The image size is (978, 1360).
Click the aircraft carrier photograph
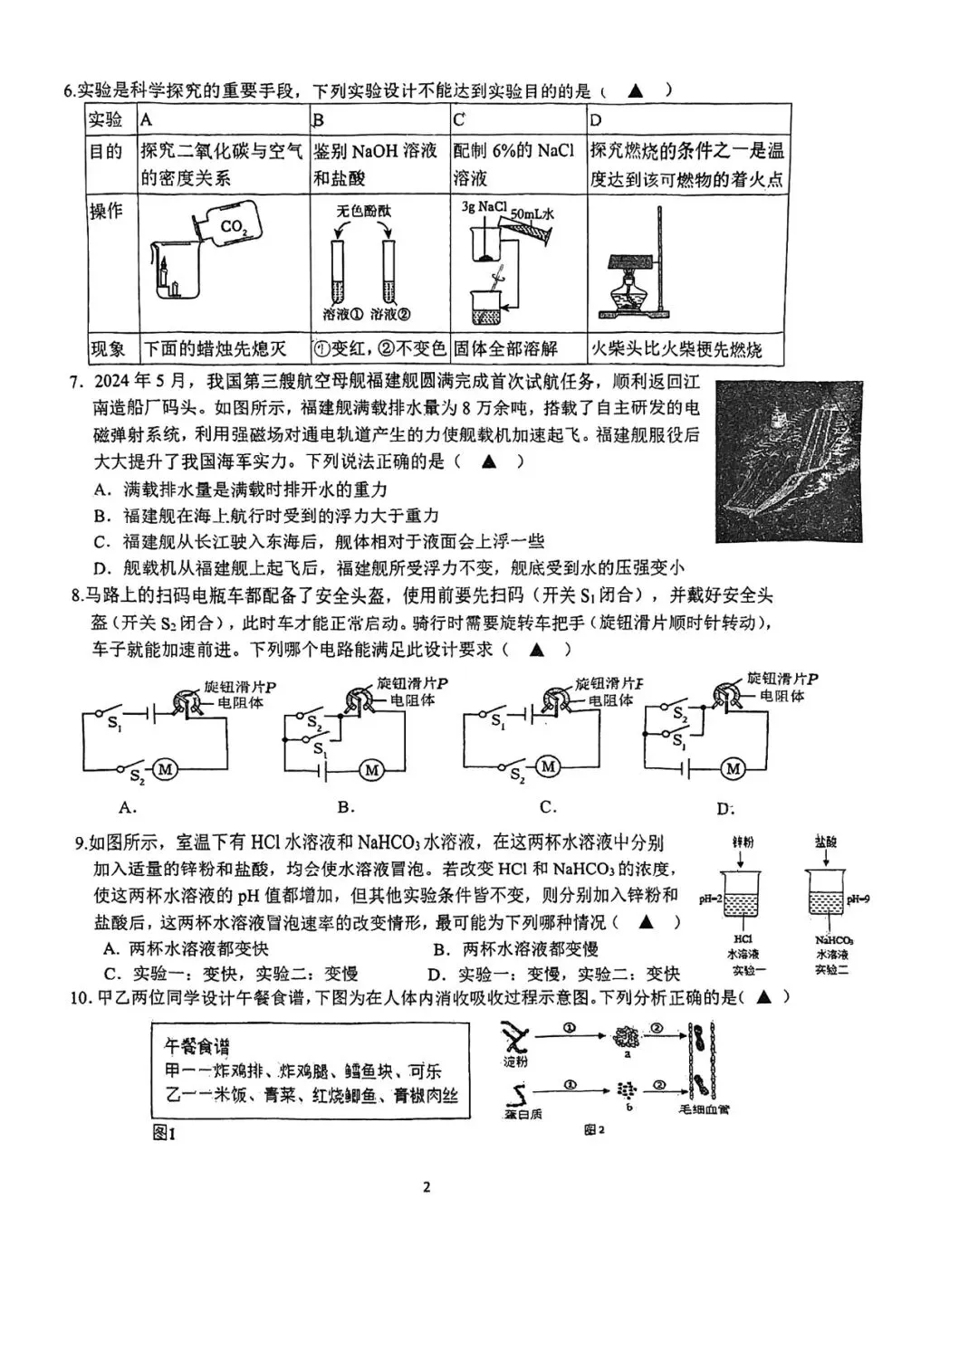coord(789,461)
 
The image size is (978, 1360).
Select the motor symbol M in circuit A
coord(165,769)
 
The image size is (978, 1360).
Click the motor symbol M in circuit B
coord(371,770)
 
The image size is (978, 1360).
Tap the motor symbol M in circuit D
coord(733,769)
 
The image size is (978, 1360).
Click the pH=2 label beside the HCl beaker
coord(710,899)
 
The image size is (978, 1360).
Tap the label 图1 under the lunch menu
coord(163,1132)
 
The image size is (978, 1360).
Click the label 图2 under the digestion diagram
coord(594,1130)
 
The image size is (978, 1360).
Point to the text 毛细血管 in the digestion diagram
coord(704,1109)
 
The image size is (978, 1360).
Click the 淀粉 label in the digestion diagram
coord(516,1061)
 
